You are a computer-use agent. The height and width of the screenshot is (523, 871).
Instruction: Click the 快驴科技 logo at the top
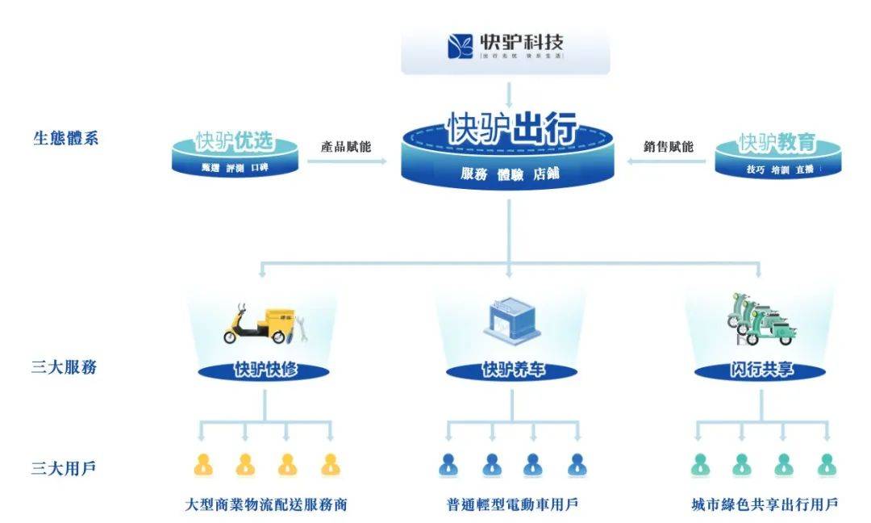pos(506,46)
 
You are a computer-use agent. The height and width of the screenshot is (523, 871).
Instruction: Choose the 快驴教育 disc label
pos(777,143)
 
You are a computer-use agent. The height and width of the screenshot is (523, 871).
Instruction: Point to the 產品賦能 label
pos(346,147)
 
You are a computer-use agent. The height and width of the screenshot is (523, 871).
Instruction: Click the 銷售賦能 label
pos(668,147)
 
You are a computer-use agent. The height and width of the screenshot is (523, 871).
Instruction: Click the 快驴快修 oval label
pos(265,370)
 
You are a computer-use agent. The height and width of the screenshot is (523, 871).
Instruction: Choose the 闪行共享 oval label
pos(761,370)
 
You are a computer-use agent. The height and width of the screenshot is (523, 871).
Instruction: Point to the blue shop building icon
pos(509,320)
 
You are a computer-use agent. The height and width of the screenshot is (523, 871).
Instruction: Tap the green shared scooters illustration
pos(758,318)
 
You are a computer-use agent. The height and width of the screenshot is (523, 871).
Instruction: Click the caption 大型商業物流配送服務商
pos(265,504)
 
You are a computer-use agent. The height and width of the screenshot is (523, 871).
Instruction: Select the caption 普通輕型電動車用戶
pos(513,504)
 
